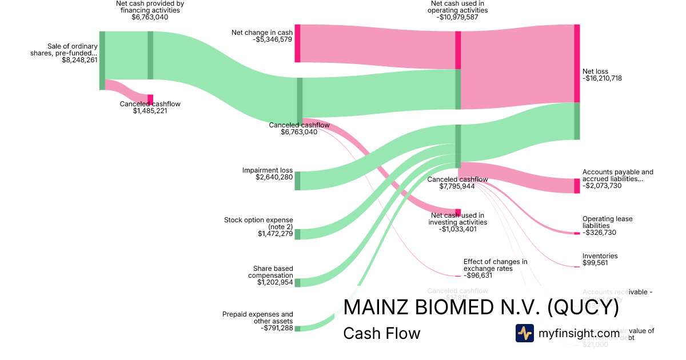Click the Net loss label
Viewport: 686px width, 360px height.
click(x=595, y=71)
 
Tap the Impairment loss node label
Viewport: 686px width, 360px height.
click(x=268, y=170)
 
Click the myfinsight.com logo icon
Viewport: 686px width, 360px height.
click(x=524, y=333)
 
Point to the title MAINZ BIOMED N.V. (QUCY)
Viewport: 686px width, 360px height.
click(x=481, y=308)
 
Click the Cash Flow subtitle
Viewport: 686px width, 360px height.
click(x=381, y=333)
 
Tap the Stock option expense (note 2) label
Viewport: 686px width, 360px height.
click(x=258, y=223)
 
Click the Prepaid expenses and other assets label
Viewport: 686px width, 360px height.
click(x=258, y=318)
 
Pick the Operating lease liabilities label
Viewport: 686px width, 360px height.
click(x=608, y=222)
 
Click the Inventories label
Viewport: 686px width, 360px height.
click(x=600, y=256)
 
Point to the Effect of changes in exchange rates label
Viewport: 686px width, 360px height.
click(x=495, y=265)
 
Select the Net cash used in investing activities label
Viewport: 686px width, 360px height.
click(x=458, y=218)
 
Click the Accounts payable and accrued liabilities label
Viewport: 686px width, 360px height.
click(x=617, y=175)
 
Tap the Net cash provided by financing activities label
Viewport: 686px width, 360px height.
click(x=150, y=6)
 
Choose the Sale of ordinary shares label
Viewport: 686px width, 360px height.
click(x=64, y=50)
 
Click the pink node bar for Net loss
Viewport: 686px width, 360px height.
click(x=577, y=63)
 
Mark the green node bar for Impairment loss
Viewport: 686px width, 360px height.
click(x=297, y=181)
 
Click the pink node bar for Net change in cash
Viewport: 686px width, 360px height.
click(x=297, y=43)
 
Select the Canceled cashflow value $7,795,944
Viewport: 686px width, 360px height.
click(x=458, y=186)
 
